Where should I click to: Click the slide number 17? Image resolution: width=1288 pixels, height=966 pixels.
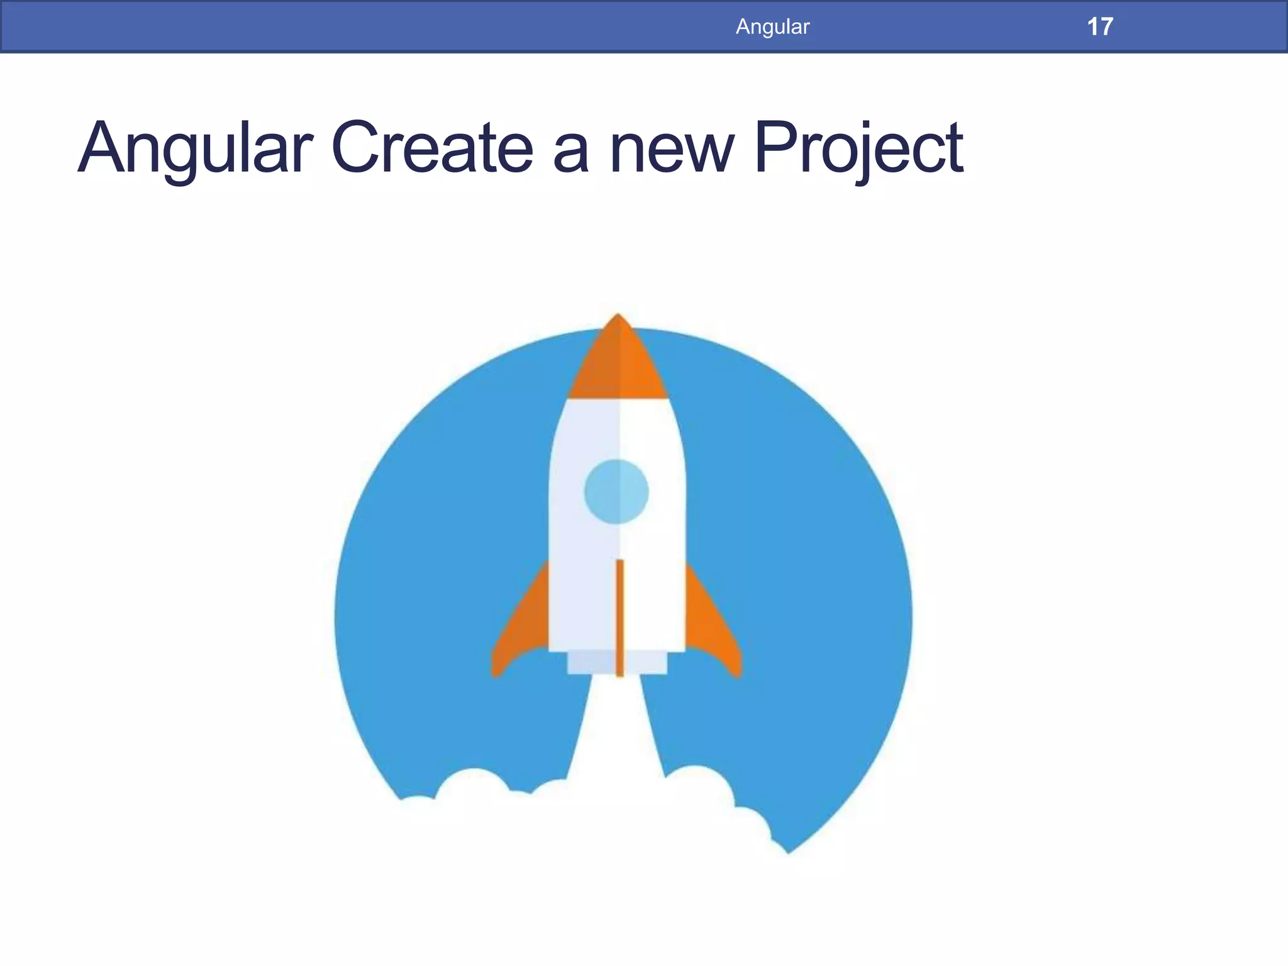[1100, 27]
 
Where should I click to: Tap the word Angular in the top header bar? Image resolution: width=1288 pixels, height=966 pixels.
[772, 27]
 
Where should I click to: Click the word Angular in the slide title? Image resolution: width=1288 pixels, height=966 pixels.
[195, 150]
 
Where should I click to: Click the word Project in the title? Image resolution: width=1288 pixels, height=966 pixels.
[858, 150]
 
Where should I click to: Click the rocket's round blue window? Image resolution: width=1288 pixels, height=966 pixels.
[616, 491]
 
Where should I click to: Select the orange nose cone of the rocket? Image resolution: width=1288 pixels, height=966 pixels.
[618, 365]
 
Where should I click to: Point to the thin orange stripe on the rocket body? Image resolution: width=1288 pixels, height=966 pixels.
[620, 616]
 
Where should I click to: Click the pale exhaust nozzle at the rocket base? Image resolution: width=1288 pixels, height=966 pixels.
[617, 663]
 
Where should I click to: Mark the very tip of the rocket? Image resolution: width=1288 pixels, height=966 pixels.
[618, 315]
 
